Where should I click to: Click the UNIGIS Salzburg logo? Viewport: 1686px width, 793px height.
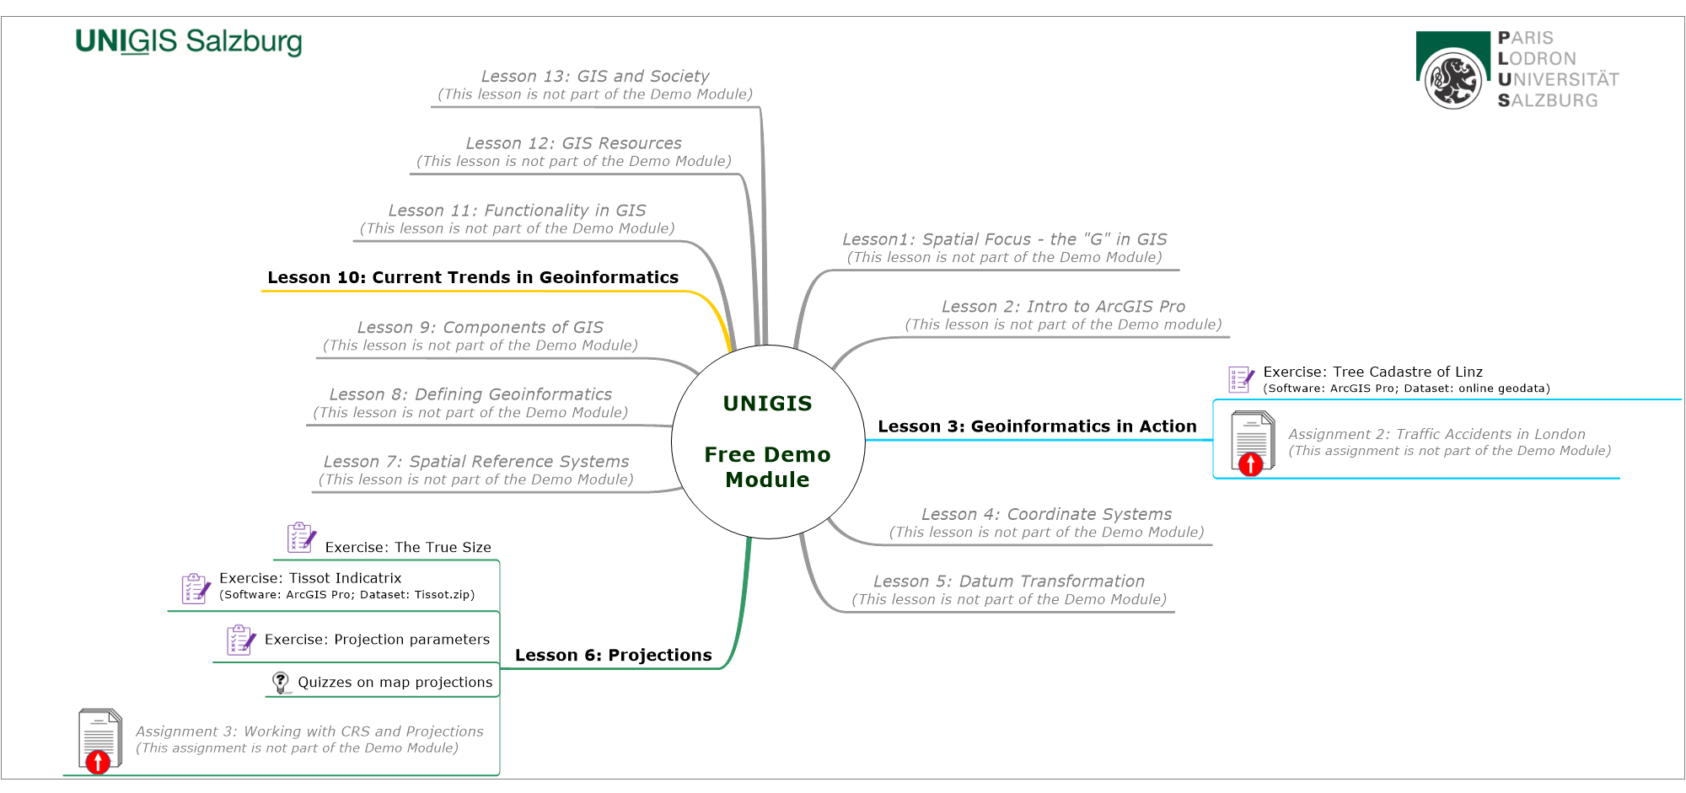tap(188, 41)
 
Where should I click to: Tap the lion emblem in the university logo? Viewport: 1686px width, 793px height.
tap(1452, 80)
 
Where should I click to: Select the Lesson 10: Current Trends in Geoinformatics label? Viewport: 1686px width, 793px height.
tap(473, 277)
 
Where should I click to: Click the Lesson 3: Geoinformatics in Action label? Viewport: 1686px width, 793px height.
tap(1037, 426)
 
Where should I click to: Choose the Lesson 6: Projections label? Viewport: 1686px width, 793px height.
tap(613, 655)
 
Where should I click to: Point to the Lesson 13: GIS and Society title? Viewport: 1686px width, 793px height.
tap(595, 76)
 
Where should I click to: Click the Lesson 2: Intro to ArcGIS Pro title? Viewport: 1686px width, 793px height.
tap(1063, 307)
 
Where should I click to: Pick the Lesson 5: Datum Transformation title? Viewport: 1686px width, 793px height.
tap(1008, 581)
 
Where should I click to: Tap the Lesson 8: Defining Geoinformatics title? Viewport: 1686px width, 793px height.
tap(470, 394)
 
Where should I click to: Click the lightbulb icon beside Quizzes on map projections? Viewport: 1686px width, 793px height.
tap(281, 682)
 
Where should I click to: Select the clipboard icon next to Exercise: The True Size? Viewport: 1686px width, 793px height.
tap(301, 538)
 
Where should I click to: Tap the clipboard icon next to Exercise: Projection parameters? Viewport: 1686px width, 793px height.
tap(240, 640)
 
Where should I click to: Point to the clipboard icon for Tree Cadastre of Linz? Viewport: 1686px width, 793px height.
tap(1241, 379)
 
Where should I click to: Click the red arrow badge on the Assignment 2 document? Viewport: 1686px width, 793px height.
tap(1250, 463)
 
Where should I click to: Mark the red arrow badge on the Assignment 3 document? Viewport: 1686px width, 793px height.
tap(98, 763)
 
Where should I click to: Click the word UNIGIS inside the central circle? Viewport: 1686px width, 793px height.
tap(767, 404)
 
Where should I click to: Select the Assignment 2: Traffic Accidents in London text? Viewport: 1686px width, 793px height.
tap(1436, 434)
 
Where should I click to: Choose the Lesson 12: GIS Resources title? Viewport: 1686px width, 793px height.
tap(573, 143)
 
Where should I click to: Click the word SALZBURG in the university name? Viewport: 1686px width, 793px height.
tap(1548, 100)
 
